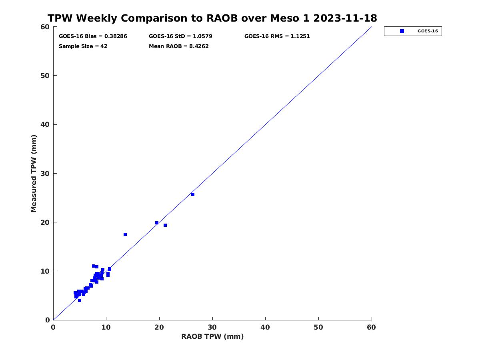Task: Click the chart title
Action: coord(212,18)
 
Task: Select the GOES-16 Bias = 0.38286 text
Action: coord(93,36)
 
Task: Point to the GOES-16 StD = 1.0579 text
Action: coord(180,36)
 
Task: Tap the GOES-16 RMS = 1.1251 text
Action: coord(277,36)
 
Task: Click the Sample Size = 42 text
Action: coord(83,46)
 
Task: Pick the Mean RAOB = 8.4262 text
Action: coord(178,46)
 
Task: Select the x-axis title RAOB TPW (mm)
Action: coord(212,337)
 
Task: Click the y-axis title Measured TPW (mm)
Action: coord(34,174)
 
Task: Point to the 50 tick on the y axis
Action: coord(46,76)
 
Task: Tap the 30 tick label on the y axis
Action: coord(46,174)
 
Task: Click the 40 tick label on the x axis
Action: coord(266,328)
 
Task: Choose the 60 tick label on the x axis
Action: coord(372,328)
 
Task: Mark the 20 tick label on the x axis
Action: coord(159,328)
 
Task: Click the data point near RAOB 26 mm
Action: coord(193,194)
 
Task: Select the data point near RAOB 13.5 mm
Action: coord(125,234)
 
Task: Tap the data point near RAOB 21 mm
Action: coord(165,225)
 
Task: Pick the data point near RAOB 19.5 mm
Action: coord(157,223)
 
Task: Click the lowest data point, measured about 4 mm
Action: coord(80,300)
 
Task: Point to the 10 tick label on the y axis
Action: coord(46,271)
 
